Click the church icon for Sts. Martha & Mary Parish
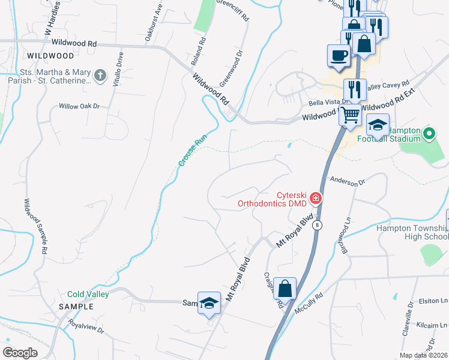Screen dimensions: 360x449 pos(100,76)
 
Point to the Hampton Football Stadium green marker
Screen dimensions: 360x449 pos(429,133)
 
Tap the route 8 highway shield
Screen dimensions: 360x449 pos(318,224)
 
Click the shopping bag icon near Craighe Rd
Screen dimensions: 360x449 pos(286,287)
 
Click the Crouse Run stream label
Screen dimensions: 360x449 pos(188,150)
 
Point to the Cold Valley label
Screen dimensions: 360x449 pos(88,294)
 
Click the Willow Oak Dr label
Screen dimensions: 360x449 pos(79,106)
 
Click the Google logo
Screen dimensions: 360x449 pos(20,352)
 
